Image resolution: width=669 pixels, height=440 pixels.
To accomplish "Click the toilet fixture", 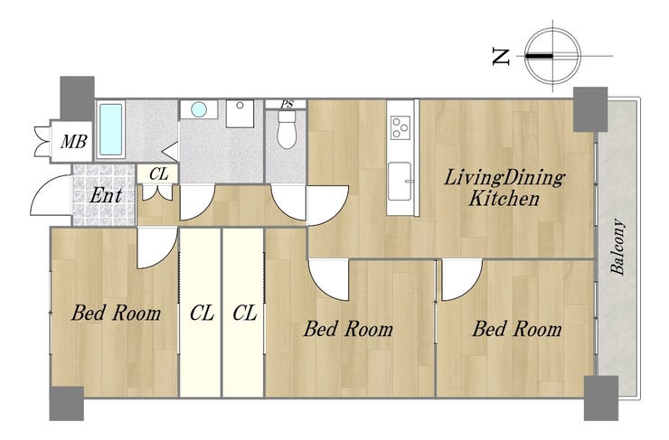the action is pos(287,129).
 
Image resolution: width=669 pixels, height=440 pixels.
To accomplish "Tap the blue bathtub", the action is pos(110,129).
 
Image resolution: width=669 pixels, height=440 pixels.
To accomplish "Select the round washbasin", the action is pos(199,109).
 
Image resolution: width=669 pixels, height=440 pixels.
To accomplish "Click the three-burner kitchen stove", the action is pos(400,127).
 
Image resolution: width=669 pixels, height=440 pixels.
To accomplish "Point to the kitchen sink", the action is pos(400,182).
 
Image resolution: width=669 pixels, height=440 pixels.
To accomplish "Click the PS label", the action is pos(287,104).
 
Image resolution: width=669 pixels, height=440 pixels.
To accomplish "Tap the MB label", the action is pos(74,141).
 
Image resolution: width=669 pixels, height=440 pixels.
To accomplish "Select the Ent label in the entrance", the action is pos(107,196).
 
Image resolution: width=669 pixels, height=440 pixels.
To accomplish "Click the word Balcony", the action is pos(617,247).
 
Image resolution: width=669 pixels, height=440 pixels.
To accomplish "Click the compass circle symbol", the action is pos(552,56).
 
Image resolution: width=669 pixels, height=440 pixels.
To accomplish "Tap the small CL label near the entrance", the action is pos(159,174).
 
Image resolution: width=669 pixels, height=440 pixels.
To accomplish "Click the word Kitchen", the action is pos(504,199).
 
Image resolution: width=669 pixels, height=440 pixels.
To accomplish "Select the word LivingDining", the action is pos(504,178).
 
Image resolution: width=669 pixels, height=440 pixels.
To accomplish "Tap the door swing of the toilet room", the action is pos(288,202).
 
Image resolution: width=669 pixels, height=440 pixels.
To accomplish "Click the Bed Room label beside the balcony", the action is pos(517,329).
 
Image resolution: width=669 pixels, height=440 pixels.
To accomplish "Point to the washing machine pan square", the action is pos(240,114).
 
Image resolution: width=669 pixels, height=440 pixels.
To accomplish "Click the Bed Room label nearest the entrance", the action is pos(116,313).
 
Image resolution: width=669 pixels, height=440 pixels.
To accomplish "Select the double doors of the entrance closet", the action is pos(157,192).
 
